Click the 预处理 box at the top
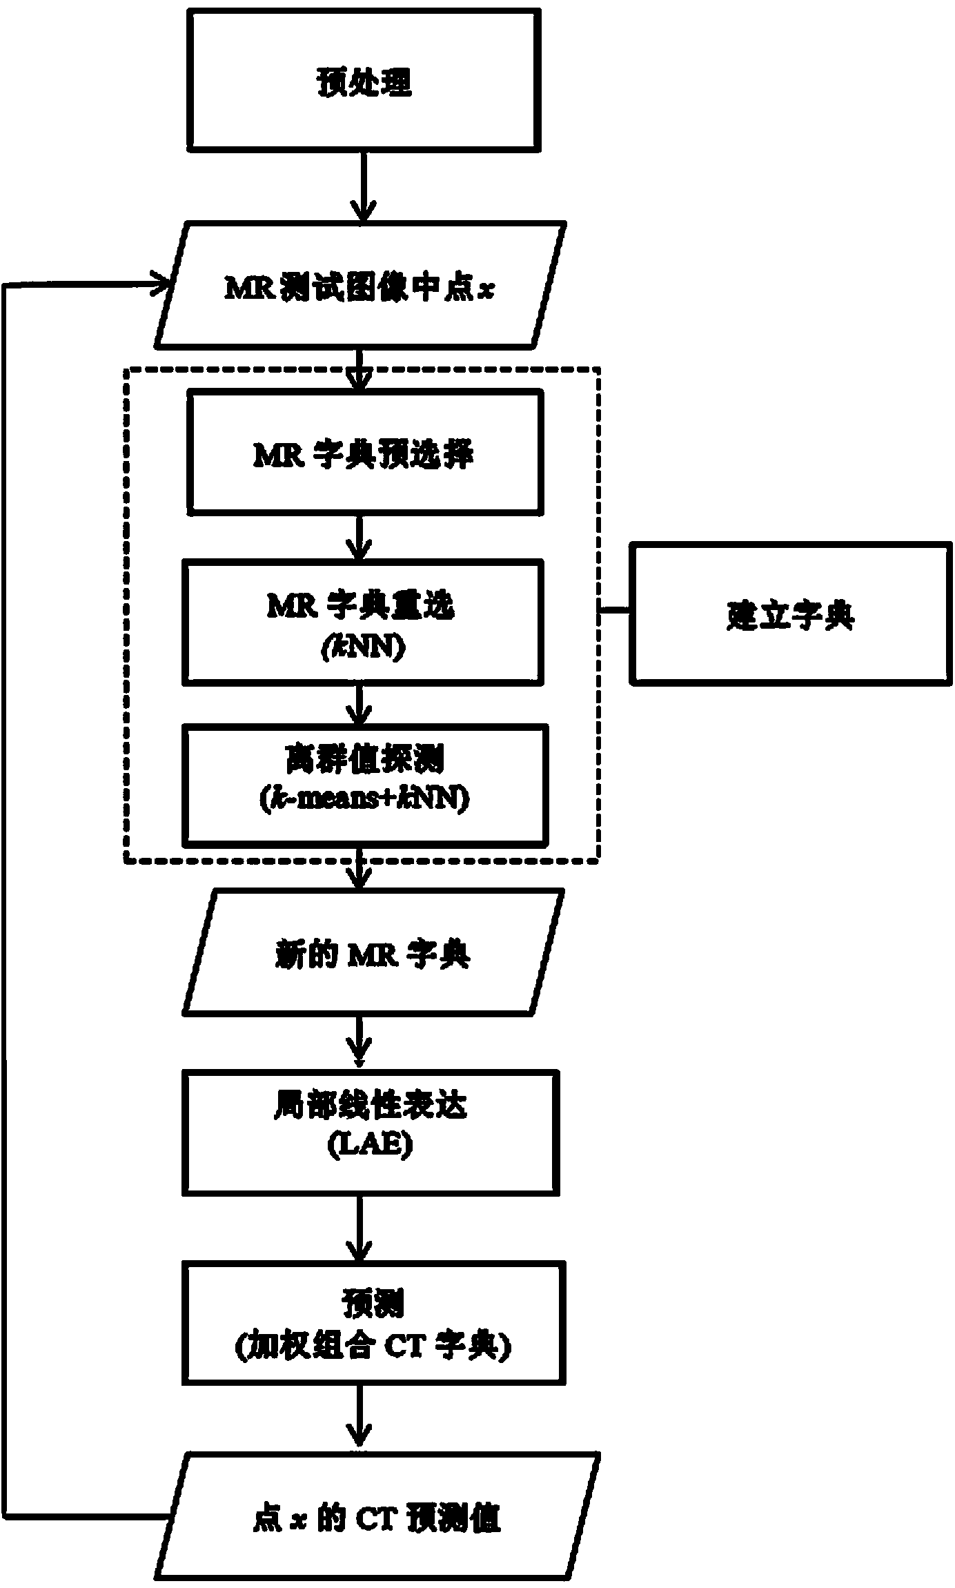364,81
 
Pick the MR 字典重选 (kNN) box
362,621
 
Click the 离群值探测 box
364,785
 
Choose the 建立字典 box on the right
790,614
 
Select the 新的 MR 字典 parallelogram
373,952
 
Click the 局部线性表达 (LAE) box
370,1132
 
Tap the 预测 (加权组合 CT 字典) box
373,1322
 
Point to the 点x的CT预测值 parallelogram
376,1515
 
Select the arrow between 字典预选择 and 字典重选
360,536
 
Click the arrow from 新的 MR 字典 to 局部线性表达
360,1041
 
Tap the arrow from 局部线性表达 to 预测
360,1228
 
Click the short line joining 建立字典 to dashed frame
614,611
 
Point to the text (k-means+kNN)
364,798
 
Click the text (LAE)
370,1146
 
